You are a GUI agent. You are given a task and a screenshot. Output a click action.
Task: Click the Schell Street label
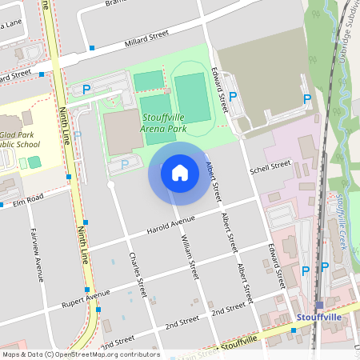click(x=270, y=168)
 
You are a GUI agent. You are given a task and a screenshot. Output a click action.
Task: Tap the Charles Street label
click(x=138, y=274)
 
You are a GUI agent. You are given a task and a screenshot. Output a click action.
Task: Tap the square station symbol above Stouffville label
click(x=319, y=305)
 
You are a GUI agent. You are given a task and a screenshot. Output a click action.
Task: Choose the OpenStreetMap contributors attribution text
click(x=80, y=354)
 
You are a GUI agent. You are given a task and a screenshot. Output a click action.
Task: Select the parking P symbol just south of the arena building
click(x=124, y=164)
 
